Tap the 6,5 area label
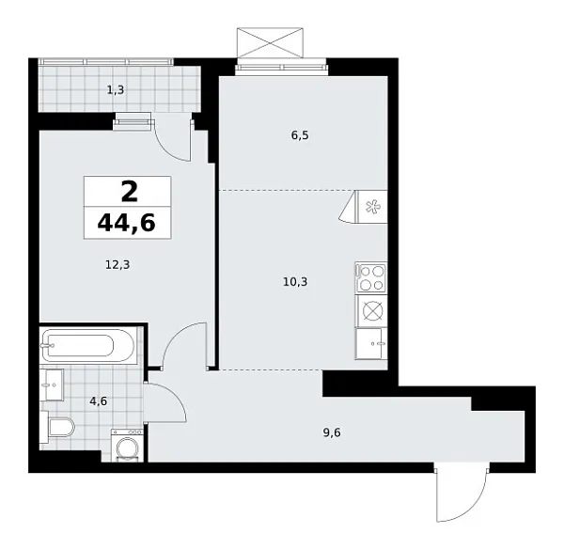[x=300, y=135]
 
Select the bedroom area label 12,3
[x=117, y=264]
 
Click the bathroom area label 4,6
[x=98, y=401]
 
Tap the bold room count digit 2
[x=128, y=192]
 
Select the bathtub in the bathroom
[x=89, y=345]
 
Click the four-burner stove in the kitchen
[x=370, y=278]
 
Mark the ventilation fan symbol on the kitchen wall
[x=368, y=206]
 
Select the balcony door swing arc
[x=173, y=138]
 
